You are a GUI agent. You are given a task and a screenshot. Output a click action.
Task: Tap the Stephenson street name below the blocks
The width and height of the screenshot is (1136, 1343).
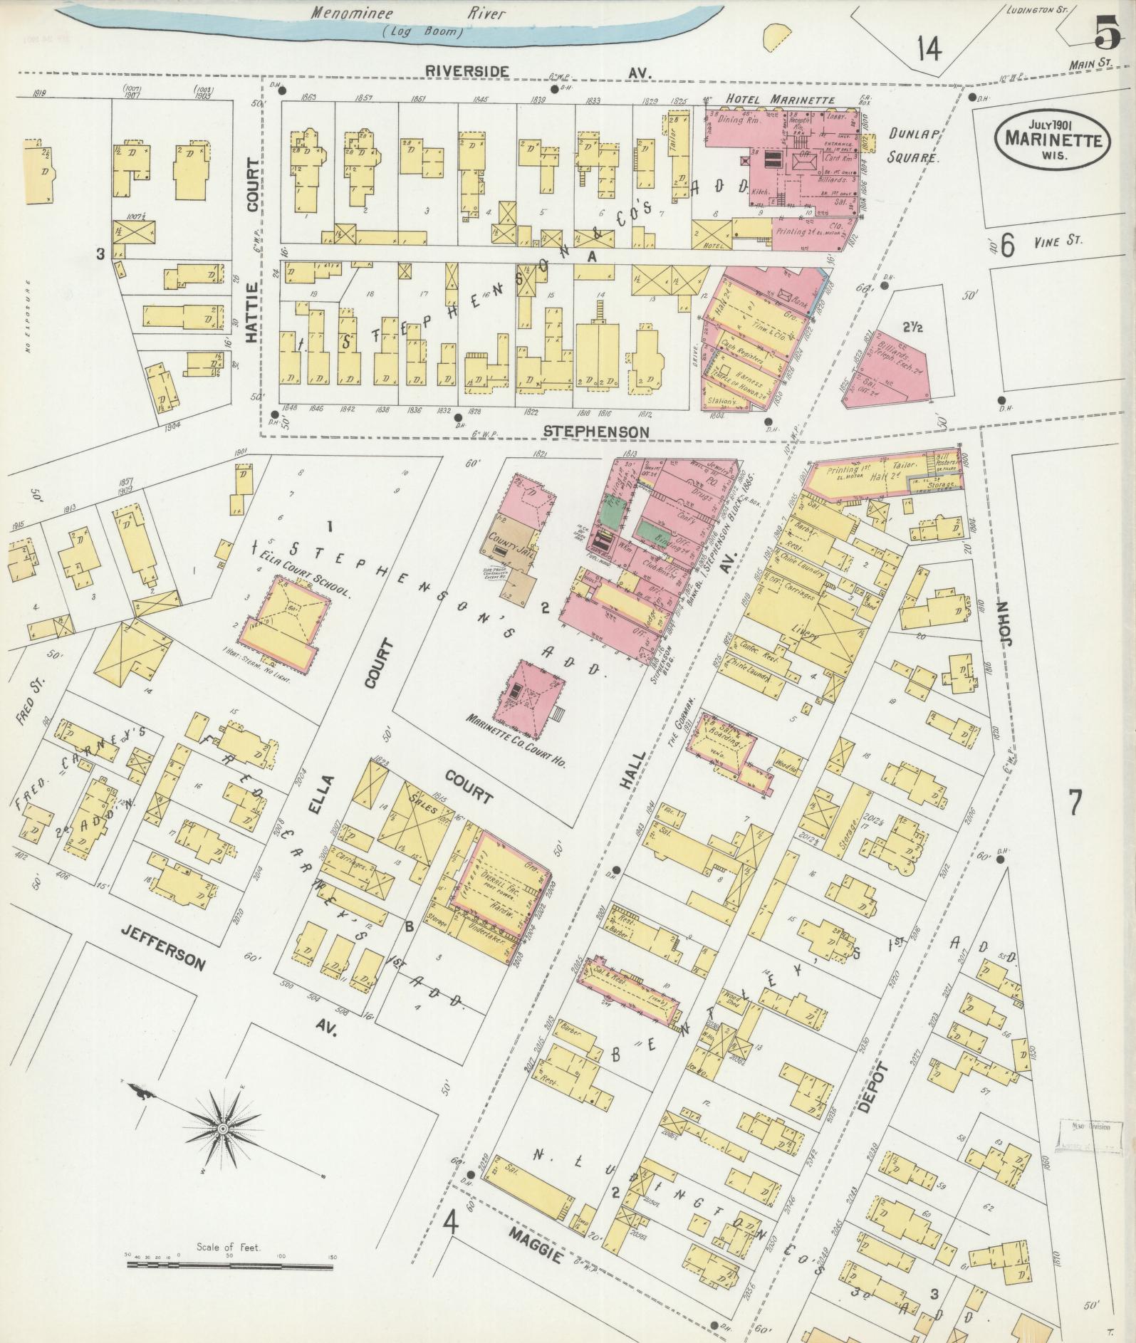coord(595,432)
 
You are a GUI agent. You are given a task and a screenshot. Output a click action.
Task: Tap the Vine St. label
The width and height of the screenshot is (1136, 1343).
coord(1058,242)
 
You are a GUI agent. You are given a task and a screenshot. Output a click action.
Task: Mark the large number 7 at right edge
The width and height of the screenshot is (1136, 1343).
coord(1074,803)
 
